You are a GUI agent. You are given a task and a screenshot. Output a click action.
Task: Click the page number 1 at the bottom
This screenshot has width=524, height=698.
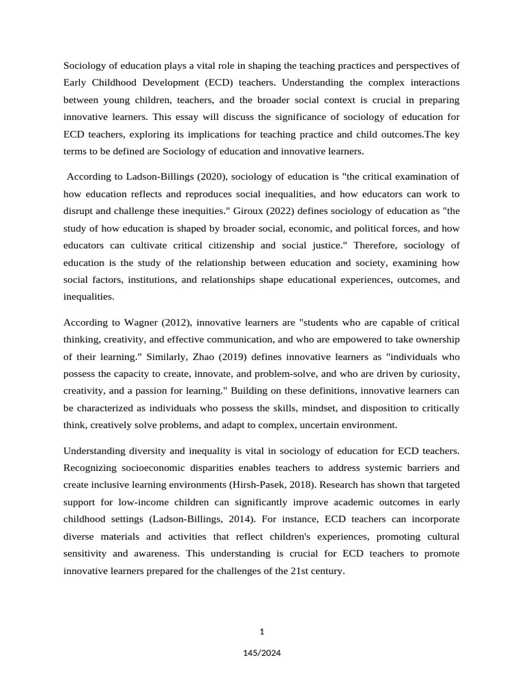pyautogui.click(x=262, y=631)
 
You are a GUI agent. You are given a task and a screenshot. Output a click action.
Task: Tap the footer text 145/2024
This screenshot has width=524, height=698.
pyautogui.click(x=262, y=652)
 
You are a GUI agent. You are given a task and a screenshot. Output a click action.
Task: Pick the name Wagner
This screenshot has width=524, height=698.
pyautogui.click(x=147, y=322)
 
